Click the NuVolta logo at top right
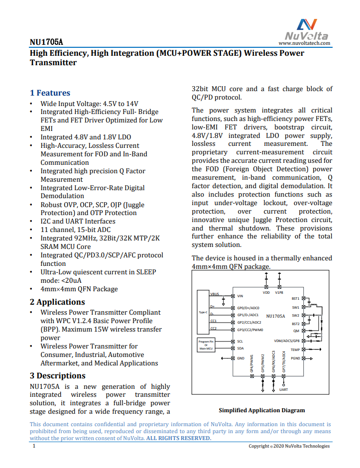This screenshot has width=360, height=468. point(307,29)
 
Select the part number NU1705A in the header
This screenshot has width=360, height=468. point(46,42)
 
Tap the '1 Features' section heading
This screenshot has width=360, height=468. point(50,93)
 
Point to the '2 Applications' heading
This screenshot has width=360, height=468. point(57,302)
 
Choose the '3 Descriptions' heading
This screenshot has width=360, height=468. point(57,375)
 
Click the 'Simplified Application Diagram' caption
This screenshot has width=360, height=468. point(261,410)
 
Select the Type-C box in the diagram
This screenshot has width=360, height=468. point(203,312)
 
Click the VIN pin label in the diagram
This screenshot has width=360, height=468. point(240,296)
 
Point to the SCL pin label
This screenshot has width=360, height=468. point(240,342)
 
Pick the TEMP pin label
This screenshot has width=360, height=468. point(295,350)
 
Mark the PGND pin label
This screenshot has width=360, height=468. point(295,358)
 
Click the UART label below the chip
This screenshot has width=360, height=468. point(283,389)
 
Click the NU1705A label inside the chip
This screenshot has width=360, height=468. point(275,316)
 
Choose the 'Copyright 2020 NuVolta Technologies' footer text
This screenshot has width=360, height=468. point(289,446)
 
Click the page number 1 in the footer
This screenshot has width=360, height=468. point(34,446)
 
